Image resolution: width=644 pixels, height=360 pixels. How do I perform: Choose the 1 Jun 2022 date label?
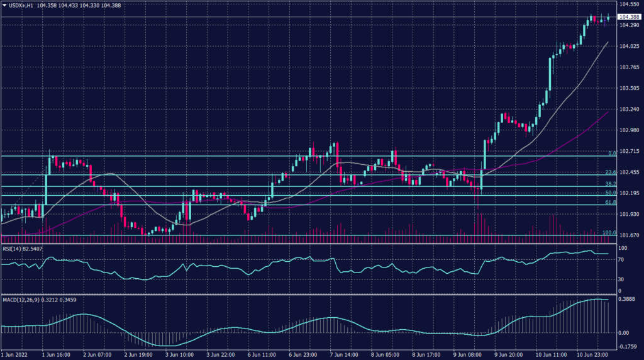pos(14,355)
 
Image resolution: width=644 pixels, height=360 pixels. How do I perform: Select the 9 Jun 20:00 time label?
pos(509,355)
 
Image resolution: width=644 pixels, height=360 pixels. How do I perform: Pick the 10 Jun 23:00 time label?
pos(592,355)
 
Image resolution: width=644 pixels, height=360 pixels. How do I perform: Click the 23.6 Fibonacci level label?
pos(610,172)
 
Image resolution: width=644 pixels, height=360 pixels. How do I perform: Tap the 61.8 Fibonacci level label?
pos(610,202)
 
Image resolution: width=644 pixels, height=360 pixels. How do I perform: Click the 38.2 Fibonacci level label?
pos(610,183)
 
